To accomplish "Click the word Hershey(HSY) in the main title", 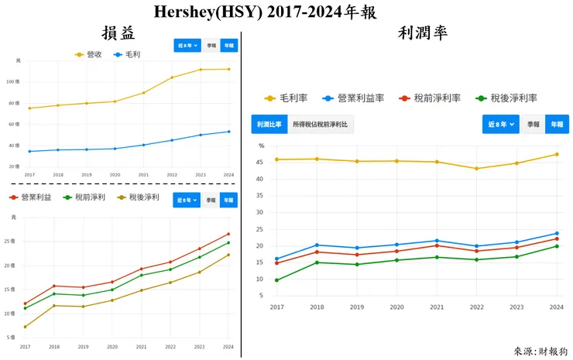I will click(x=204, y=12).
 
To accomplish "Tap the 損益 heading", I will click(x=118, y=33).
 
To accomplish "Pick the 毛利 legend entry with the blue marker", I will click(x=130, y=54).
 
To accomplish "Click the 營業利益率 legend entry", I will click(x=357, y=98).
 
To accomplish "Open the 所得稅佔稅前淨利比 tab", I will click(x=321, y=124).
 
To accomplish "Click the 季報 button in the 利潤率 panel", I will click(x=533, y=124).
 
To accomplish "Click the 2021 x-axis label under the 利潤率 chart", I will click(x=437, y=307).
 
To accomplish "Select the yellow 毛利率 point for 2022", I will click(x=476, y=169).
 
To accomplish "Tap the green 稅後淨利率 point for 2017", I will click(x=277, y=280).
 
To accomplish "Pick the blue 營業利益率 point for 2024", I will click(x=557, y=234).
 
